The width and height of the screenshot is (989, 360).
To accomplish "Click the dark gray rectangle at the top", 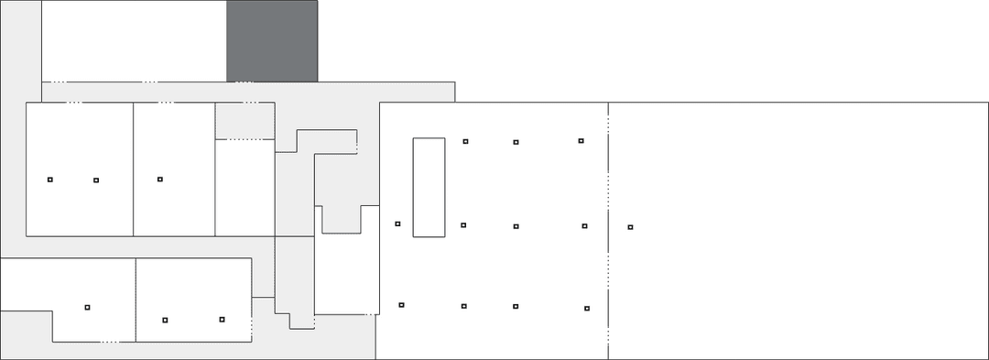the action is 272,40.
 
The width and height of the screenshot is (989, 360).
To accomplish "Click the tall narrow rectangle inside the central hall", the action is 429,187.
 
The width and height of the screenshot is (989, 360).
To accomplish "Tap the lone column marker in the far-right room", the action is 630,227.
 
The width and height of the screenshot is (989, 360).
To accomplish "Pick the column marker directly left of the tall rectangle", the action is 397,224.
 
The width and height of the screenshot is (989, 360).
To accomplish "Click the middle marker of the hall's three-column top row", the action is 516,142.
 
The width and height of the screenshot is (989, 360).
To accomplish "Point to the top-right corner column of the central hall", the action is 581,141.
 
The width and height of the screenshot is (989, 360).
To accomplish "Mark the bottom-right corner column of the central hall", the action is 587,308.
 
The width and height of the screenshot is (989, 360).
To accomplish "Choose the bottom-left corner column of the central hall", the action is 401,305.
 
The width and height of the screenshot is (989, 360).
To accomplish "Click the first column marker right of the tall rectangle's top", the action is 465,141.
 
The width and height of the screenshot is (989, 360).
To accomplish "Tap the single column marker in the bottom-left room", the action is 87,307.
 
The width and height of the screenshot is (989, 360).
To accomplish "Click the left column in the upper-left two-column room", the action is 50,180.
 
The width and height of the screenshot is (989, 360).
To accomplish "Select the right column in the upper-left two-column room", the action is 96,180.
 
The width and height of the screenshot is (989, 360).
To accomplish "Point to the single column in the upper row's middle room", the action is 159,180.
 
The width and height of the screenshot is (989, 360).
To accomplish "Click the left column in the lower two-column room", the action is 165,320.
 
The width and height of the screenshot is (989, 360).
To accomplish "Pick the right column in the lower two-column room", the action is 222,319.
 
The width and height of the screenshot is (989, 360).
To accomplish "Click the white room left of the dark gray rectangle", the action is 134,40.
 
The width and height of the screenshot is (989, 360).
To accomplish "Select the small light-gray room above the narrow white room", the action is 245,120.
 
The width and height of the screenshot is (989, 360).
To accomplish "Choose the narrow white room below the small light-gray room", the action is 245,188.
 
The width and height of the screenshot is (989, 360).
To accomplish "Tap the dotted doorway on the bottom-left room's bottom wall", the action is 109,341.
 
